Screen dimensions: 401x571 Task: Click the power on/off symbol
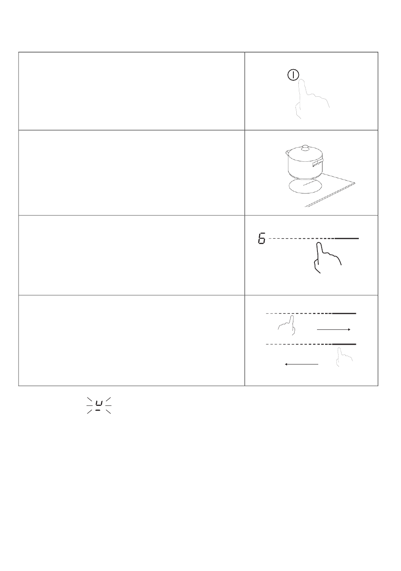[293, 75]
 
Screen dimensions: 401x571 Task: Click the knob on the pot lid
[304, 148]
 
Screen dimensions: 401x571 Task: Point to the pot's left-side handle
[287, 152]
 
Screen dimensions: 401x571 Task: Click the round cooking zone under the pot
[305, 186]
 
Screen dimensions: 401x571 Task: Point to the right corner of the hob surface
[355, 183]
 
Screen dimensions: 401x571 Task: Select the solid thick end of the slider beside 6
[347, 239]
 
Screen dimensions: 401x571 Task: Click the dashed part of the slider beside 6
[302, 239]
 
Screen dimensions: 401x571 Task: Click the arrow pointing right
[333, 329]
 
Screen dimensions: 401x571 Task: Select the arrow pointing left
[301, 364]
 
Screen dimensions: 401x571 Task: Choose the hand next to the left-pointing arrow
[344, 357]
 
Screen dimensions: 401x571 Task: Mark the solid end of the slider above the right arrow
[344, 313]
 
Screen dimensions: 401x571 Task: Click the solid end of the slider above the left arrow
[344, 344]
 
